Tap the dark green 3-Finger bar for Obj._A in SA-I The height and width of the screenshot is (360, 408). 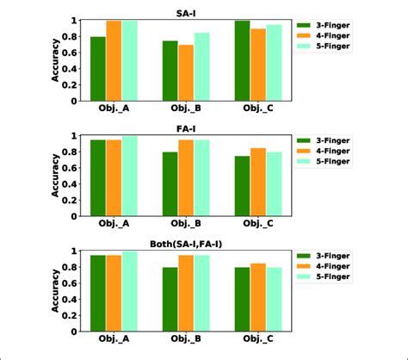pos(98,69)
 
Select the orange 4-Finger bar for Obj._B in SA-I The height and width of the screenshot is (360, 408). pos(186,72)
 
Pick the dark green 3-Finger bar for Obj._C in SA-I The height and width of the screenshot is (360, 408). pos(242,61)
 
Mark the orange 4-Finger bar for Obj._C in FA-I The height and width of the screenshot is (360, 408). pos(258,182)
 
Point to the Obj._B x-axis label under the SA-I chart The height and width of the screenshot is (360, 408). pos(186,109)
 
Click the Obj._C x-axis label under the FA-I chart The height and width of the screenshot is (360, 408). pos(258,225)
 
